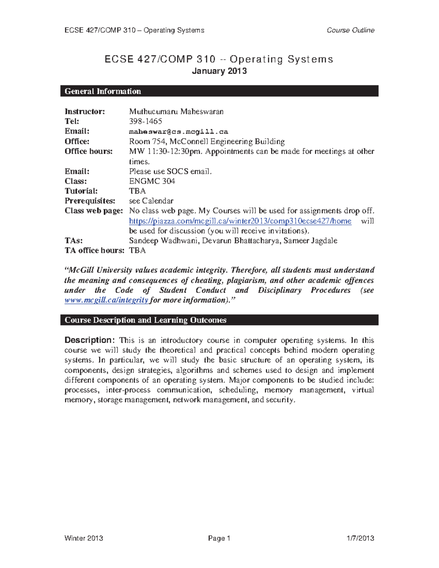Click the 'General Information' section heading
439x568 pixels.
point(103,91)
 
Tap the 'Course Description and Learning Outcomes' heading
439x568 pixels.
point(145,320)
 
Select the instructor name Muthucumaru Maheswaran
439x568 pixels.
point(176,112)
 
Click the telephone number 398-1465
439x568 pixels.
point(145,121)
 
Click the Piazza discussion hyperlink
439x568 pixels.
point(240,221)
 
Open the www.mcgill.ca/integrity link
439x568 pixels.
point(106,300)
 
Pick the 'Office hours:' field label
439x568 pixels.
point(89,151)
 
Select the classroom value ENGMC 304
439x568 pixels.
point(152,181)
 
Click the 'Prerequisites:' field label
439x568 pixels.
point(90,201)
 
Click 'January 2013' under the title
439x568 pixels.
point(219,71)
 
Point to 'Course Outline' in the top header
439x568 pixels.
point(350,30)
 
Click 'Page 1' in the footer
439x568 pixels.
point(219,538)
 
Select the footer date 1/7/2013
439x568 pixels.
point(360,538)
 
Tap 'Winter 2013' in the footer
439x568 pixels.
point(83,538)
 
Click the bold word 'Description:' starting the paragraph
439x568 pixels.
point(90,340)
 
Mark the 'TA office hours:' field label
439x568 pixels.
point(94,251)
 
